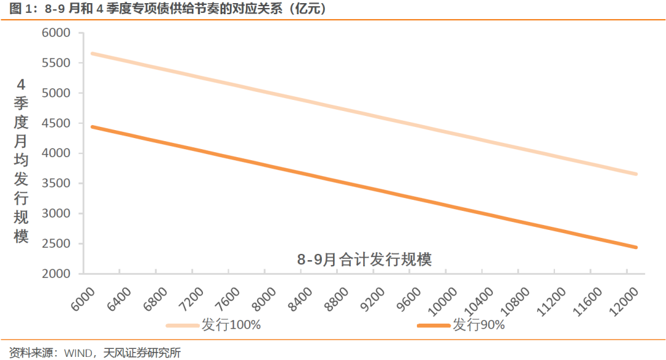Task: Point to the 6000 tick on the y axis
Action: point(56,33)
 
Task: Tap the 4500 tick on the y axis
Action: point(56,123)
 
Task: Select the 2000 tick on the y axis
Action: point(56,274)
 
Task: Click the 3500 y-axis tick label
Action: point(56,184)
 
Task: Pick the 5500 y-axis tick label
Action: point(56,63)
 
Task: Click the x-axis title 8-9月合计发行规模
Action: point(364,260)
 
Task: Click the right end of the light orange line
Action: point(636,174)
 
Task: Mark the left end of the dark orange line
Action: point(92,127)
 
